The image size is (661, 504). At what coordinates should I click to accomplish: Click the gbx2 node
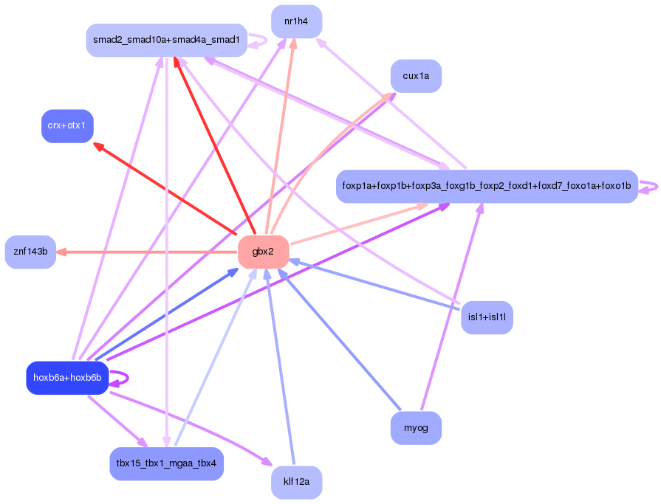(x=264, y=252)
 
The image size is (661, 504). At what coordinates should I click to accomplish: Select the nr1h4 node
(x=296, y=21)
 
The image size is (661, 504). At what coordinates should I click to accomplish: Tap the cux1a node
(x=416, y=76)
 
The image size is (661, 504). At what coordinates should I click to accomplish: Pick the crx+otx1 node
(x=67, y=126)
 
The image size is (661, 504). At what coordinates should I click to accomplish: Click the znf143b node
(x=30, y=252)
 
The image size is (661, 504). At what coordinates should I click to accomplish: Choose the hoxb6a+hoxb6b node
(x=67, y=378)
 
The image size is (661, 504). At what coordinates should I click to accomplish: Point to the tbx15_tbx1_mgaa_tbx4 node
(x=166, y=463)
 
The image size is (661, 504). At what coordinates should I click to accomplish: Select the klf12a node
(x=296, y=482)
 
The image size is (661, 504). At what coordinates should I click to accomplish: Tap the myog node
(x=416, y=428)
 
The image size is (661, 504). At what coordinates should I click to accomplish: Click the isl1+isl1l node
(x=487, y=317)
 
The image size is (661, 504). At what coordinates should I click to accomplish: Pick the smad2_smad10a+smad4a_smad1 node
(x=166, y=40)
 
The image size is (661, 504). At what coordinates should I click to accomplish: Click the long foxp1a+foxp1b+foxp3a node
(x=487, y=186)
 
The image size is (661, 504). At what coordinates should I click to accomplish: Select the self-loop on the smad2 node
(x=257, y=41)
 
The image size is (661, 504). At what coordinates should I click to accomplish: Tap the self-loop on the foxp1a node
(x=648, y=187)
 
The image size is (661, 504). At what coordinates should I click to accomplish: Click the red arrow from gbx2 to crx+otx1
(x=165, y=188)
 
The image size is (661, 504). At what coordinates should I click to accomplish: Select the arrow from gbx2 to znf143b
(x=146, y=252)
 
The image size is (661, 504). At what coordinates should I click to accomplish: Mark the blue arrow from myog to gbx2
(x=339, y=339)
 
